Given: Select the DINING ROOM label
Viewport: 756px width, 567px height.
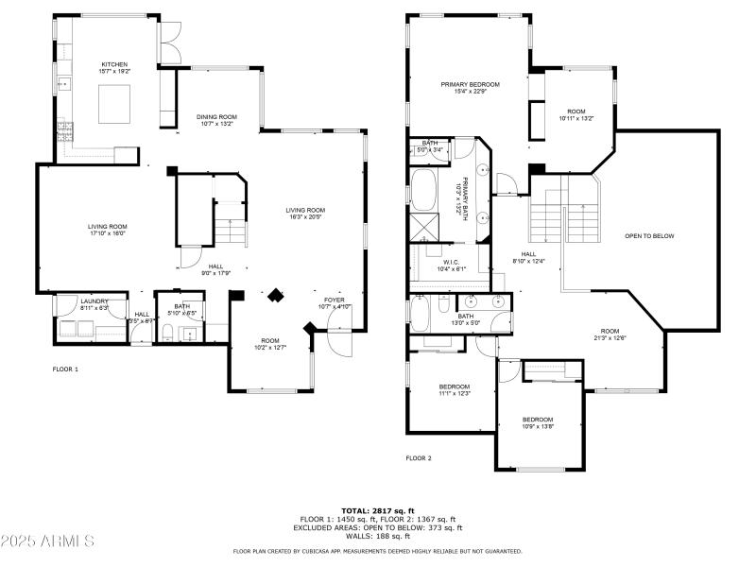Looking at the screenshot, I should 216,120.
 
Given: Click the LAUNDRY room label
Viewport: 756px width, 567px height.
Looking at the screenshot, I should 68,304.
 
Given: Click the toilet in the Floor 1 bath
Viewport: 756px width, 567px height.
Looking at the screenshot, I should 166,331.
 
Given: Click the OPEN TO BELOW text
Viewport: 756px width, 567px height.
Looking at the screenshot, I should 649,235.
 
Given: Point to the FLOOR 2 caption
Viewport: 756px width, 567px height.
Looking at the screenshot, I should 419,457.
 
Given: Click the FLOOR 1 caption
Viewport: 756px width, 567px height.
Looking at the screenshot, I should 65,369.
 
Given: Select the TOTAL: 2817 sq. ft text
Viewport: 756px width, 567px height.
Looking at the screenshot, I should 378,509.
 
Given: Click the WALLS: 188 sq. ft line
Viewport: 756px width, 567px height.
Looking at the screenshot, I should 378,536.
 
